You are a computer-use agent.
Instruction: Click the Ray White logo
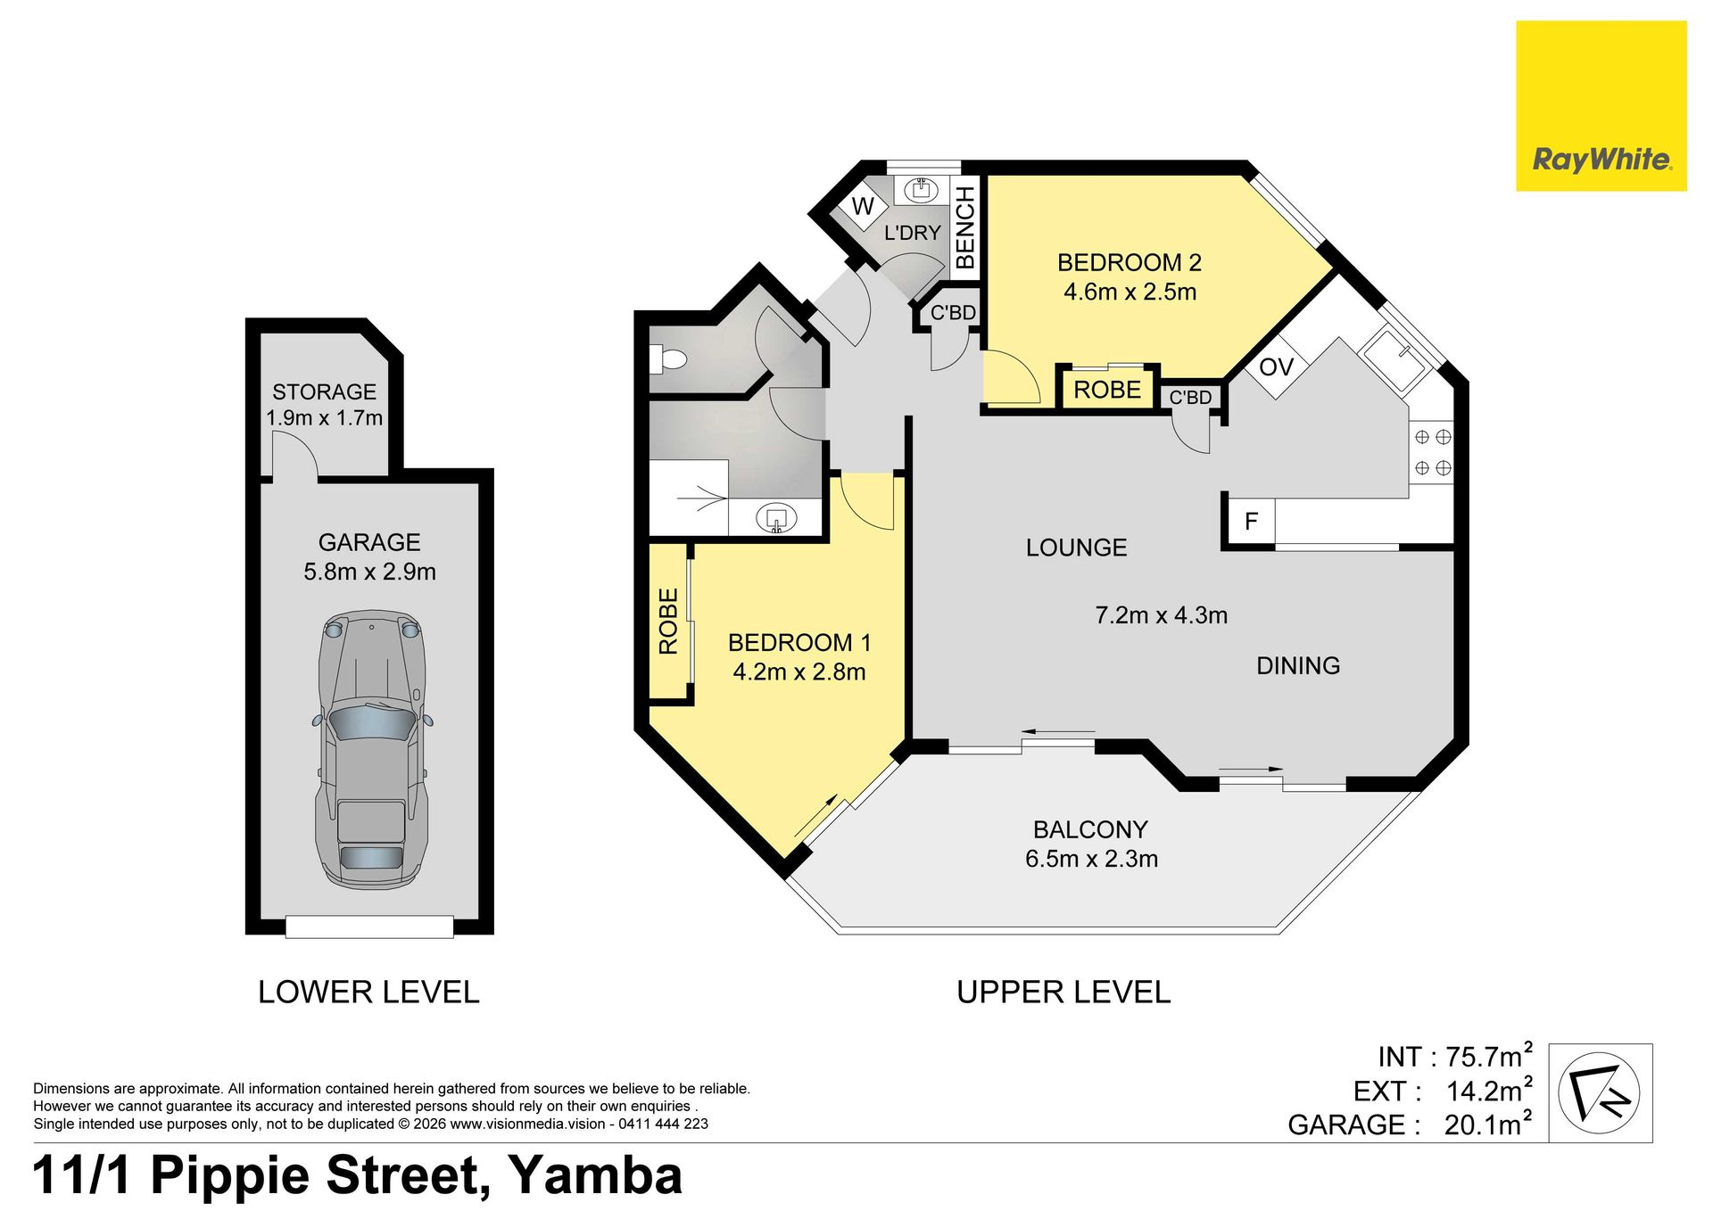click(1601, 106)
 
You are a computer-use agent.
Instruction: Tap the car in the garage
click(371, 750)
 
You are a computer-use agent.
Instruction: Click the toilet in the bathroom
click(668, 359)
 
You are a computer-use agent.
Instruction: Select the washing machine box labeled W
click(863, 206)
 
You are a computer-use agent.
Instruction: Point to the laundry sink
click(920, 189)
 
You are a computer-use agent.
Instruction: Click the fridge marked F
click(1251, 521)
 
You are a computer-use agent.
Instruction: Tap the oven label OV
click(1276, 367)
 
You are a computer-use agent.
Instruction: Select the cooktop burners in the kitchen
click(1433, 452)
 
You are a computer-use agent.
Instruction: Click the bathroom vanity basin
click(776, 518)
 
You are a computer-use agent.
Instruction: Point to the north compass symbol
click(1600, 1092)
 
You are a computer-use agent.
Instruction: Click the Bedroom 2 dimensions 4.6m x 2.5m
click(1130, 292)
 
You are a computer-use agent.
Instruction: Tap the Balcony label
click(1090, 829)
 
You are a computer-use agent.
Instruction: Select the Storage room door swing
click(295, 456)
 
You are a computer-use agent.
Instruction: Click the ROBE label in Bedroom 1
click(668, 621)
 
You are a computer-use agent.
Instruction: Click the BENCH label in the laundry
click(965, 228)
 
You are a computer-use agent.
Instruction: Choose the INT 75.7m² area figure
click(1455, 1056)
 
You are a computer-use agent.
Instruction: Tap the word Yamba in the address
click(596, 1175)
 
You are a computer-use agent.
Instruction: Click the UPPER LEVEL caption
click(1063, 992)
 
